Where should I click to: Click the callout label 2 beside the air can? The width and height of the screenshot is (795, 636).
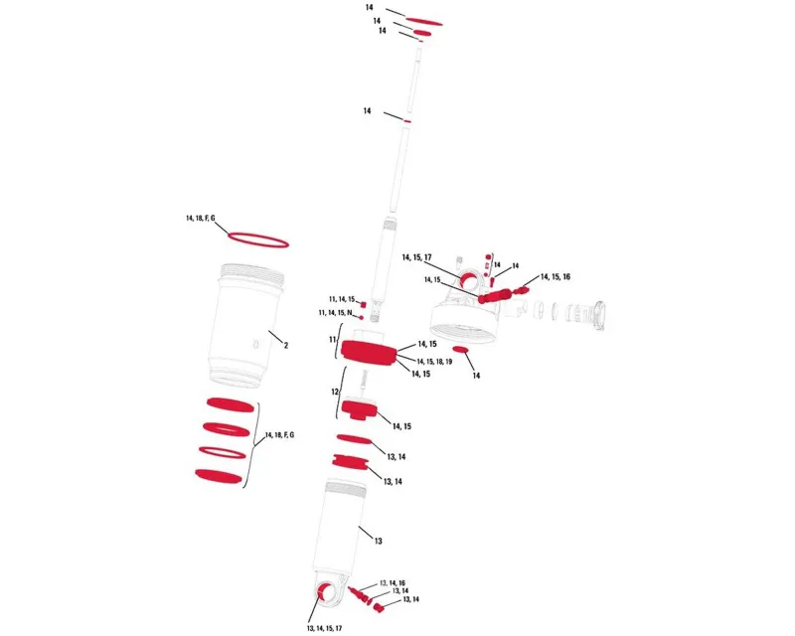(286, 346)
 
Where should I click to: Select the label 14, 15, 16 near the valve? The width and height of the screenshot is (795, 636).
(556, 277)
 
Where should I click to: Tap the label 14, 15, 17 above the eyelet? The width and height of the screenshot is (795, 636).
(416, 257)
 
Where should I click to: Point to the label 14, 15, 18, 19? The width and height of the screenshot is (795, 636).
(434, 362)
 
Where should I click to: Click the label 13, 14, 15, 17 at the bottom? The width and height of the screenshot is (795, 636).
(325, 628)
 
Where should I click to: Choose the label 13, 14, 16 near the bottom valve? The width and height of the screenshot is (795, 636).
(393, 583)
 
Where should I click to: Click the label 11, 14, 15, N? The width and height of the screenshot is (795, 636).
(335, 313)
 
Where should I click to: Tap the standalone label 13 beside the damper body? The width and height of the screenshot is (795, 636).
(379, 542)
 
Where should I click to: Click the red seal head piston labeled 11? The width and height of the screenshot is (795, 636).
(369, 354)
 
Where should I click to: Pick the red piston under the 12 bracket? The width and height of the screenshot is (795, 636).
(360, 409)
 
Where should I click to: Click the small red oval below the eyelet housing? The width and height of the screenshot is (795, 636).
(461, 350)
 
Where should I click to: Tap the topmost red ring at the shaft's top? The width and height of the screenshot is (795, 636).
(424, 21)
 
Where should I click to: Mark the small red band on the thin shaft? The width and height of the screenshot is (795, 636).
(406, 121)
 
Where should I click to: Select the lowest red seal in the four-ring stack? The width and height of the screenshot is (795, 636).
(218, 475)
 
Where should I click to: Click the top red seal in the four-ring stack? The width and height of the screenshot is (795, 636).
(231, 404)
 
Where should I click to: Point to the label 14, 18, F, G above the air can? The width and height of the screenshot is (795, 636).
(201, 218)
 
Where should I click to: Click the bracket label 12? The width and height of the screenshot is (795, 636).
(335, 393)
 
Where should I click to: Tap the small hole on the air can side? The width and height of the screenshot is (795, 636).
(256, 345)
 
